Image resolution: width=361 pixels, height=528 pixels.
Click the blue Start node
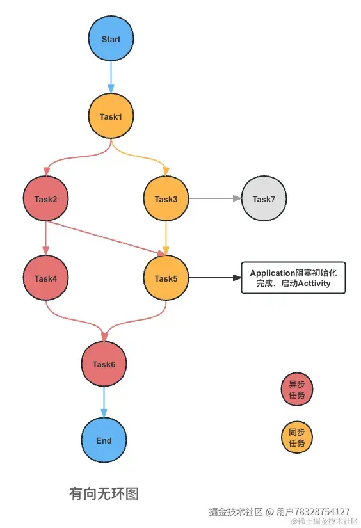111,39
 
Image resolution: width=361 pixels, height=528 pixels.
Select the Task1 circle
111,116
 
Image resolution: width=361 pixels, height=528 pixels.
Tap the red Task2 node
46,199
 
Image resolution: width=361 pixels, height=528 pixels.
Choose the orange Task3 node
166,199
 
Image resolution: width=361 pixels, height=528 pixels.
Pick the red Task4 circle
46,278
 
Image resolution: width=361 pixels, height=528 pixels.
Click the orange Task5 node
166,278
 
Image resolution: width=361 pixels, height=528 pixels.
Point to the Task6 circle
104,364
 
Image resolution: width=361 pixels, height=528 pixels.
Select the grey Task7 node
264,199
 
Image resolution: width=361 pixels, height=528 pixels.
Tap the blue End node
104,440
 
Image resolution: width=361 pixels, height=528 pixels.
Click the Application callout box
293,278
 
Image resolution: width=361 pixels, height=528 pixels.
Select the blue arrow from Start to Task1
111,77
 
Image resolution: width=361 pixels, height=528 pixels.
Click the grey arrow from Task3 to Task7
215,199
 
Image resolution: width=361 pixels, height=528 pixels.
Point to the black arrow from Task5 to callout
214,278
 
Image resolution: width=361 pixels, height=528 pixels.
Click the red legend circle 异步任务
297,390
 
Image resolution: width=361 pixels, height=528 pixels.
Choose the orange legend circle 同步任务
297,437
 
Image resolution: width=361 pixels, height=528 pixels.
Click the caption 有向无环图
104,494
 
